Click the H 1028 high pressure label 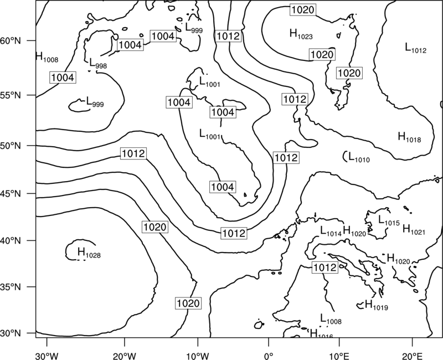point(89,253)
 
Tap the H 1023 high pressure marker point(301,34)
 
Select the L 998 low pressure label point(98,63)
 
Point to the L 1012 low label point(416,48)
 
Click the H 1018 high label point(409,137)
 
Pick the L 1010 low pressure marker point(359,157)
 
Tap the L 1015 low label point(389,220)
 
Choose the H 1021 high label point(414,229)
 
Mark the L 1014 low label point(331,230)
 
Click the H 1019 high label point(377,305)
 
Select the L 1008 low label point(331,319)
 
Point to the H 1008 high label point(47,57)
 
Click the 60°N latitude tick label point(11,40)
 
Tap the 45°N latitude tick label point(11,193)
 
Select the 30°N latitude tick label point(11,333)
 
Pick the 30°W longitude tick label point(47,356)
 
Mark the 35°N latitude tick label point(11,287)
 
